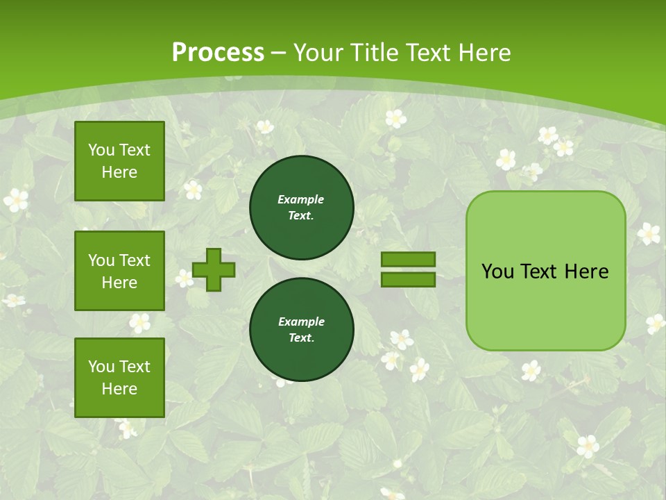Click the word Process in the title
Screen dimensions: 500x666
click(x=218, y=53)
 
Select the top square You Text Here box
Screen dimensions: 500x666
click(x=119, y=161)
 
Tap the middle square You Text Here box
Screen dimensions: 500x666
click(x=119, y=271)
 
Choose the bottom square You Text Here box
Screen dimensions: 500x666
click(x=119, y=378)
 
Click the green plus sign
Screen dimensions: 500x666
click(x=214, y=269)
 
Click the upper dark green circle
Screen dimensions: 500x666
click(x=301, y=208)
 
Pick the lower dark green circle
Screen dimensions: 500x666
click(x=301, y=330)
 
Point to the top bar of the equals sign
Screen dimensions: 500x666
click(x=409, y=259)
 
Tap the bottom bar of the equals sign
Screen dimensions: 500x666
click(x=409, y=279)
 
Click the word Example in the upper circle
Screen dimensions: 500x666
click(x=300, y=200)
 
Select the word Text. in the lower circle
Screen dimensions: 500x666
click(x=300, y=338)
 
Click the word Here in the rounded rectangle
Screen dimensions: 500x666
click(x=586, y=272)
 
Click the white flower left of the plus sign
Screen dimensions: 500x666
click(x=185, y=278)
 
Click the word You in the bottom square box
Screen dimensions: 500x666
click(x=101, y=367)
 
